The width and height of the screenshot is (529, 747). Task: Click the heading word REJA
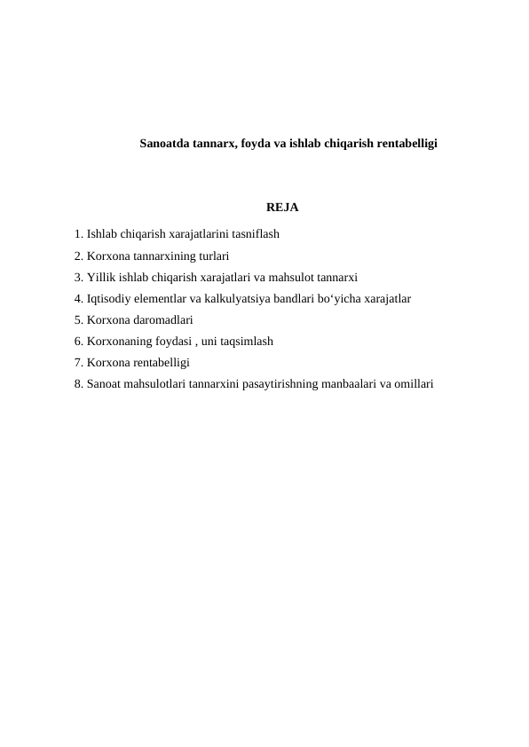pyautogui.click(x=281, y=208)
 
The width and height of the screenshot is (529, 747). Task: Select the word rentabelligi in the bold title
pyautogui.click(x=407, y=142)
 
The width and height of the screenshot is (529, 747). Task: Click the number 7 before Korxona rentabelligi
pyautogui.click(x=79, y=363)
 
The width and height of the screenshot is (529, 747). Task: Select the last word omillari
pyautogui.click(x=414, y=384)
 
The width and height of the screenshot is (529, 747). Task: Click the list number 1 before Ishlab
pyautogui.click(x=79, y=235)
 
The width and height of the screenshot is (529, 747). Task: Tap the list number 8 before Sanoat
pyautogui.click(x=79, y=384)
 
